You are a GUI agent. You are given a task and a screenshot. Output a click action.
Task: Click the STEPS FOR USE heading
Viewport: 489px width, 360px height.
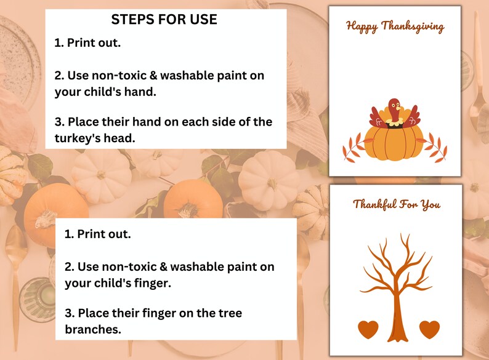pos(164,20)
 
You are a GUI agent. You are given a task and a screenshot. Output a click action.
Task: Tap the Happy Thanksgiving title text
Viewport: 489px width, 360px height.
pos(395,26)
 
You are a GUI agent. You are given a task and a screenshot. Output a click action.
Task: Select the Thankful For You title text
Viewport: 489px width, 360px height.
pos(397,204)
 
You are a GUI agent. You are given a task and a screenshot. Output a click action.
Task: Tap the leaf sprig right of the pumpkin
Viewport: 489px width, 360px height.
pos(436,149)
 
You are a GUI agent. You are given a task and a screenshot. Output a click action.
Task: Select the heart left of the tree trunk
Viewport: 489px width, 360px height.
pos(368,329)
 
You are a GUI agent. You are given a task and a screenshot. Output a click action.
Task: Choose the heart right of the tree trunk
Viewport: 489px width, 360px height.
pos(429,329)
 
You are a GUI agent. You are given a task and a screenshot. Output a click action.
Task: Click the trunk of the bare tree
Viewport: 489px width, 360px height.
pos(397,314)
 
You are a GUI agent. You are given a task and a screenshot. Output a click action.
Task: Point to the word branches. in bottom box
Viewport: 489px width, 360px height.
pos(92,329)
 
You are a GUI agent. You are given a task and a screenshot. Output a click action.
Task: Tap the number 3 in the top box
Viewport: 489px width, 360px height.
pos(59,121)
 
